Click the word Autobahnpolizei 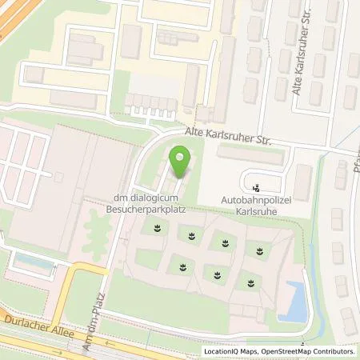point(255,205)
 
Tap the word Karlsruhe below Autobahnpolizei point(255,216)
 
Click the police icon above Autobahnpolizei point(255,189)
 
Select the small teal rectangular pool point(31,260)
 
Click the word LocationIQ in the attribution point(222,351)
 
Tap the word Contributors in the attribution point(332,351)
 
